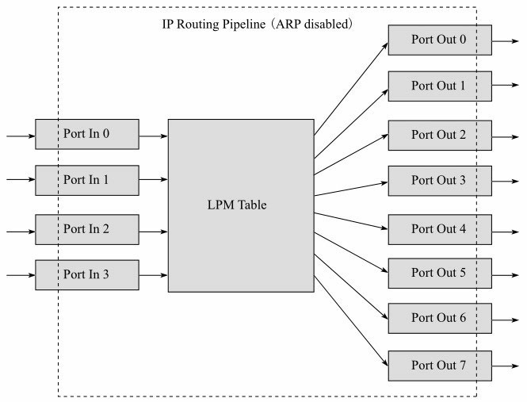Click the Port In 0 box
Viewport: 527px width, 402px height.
pyautogui.click(x=87, y=134)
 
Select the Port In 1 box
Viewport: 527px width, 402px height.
pyautogui.click(x=87, y=180)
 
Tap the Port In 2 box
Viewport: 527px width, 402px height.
pyautogui.click(x=87, y=230)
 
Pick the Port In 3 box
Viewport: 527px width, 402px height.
pyautogui.click(x=87, y=274)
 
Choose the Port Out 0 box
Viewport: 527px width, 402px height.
pyautogui.click(x=439, y=40)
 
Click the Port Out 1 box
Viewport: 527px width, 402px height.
pyautogui.click(x=439, y=86)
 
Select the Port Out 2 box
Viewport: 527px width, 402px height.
pyautogui.click(x=439, y=135)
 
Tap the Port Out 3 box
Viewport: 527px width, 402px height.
pyautogui.click(x=439, y=180)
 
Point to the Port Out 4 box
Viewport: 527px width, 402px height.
pyautogui.click(x=439, y=229)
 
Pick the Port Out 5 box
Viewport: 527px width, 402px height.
pyautogui.click(x=439, y=274)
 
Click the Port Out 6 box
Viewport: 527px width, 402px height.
pyautogui.click(x=439, y=318)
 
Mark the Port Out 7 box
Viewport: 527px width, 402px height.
pyautogui.click(x=439, y=366)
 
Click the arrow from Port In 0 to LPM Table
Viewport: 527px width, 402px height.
pyautogui.click(x=153, y=136)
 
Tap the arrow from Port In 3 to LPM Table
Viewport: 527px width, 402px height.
pyautogui.click(x=153, y=276)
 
